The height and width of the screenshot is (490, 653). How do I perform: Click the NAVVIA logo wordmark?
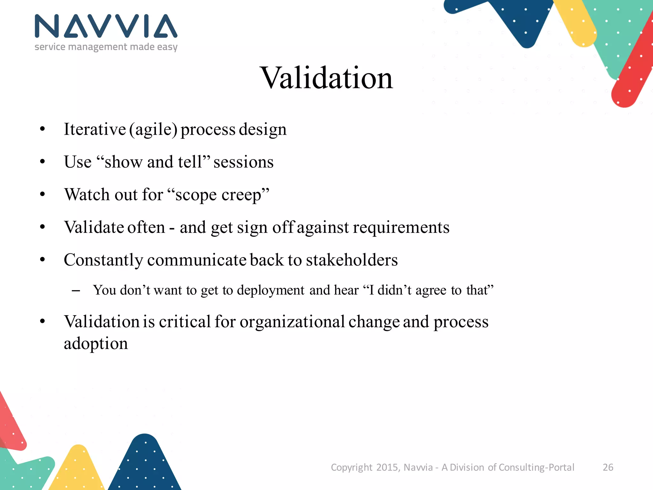click(106, 26)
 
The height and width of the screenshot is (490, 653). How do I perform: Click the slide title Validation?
click(327, 78)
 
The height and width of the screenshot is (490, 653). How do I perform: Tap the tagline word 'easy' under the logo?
click(167, 47)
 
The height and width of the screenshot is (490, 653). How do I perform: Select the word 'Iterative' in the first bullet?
click(95, 129)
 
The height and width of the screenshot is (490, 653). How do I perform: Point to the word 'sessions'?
click(243, 162)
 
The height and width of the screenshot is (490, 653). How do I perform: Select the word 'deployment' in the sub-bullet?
click(271, 290)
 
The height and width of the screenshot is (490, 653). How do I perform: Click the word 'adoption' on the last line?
click(96, 344)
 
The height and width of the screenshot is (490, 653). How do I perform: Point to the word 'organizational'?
click(292, 322)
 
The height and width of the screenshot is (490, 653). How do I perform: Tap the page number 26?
click(608, 467)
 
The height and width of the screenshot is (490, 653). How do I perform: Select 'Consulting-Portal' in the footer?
click(536, 467)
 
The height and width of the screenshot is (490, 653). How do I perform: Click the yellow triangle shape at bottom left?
click(77, 469)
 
